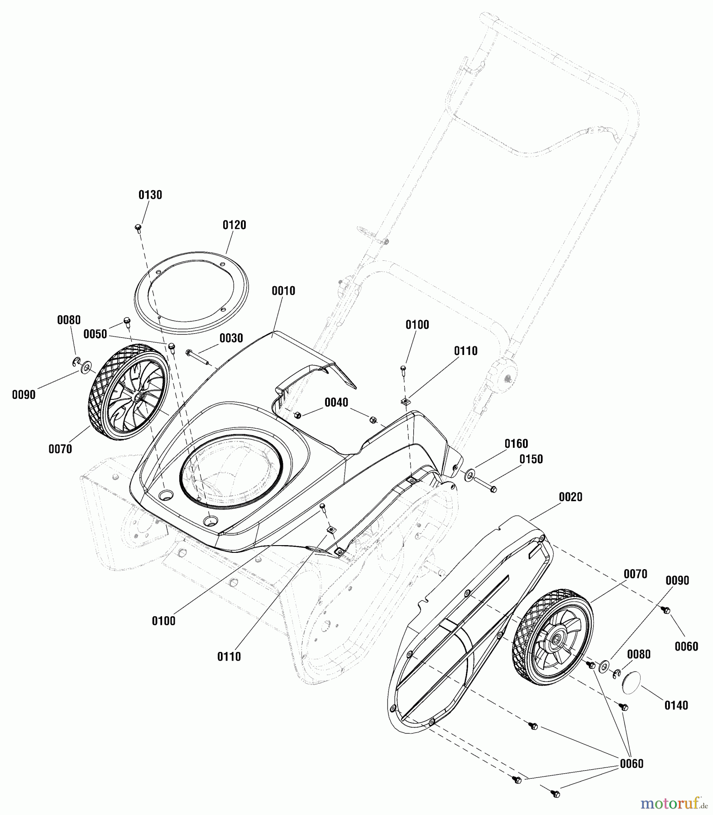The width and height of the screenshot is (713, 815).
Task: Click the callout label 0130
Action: [x=150, y=195]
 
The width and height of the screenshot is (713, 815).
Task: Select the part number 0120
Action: [x=234, y=225]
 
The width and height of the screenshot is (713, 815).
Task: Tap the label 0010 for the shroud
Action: [x=283, y=291]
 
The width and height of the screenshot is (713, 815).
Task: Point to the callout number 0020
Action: [x=570, y=497]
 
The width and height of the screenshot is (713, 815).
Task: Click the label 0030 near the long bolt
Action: [x=231, y=338]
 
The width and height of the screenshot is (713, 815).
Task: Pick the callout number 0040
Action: [x=336, y=403]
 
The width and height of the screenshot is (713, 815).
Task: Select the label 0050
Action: [x=95, y=334]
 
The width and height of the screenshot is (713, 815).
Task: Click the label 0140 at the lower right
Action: [x=676, y=705]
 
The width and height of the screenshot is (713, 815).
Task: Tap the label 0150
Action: [x=531, y=459]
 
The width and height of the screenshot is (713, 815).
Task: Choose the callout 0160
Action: [x=516, y=444]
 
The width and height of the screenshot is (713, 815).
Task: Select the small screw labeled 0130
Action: [x=139, y=227]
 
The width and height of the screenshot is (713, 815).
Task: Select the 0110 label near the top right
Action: [x=465, y=351]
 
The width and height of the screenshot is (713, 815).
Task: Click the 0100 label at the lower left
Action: [x=163, y=621]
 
